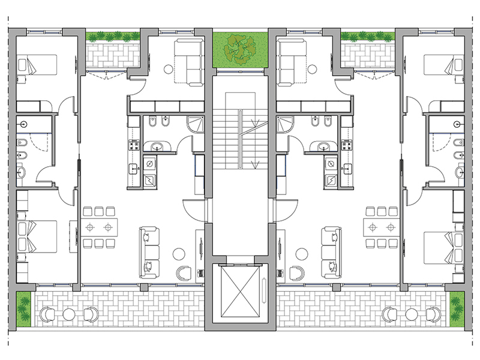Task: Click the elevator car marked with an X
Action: click(240, 292)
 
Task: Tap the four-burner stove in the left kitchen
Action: click(133, 145)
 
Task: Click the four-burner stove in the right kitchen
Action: click(346, 145)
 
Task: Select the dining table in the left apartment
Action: click(99, 227)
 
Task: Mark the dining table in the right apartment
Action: click(381, 227)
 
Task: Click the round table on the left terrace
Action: click(69, 314)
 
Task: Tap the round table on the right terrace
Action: click(411, 314)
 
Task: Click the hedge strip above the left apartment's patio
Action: click(113, 37)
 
